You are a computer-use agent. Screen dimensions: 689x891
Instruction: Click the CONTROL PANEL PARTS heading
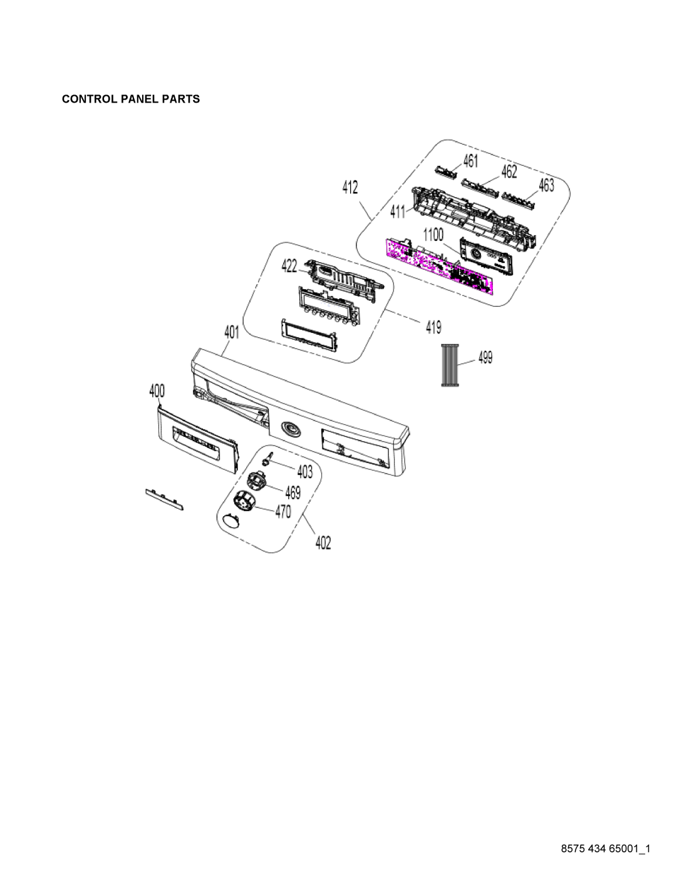(x=131, y=99)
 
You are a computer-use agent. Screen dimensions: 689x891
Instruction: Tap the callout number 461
(x=470, y=161)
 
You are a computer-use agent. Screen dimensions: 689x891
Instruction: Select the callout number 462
(x=509, y=172)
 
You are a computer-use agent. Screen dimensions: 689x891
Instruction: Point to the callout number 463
(x=546, y=185)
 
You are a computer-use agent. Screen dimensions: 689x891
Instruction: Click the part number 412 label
(x=350, y=187)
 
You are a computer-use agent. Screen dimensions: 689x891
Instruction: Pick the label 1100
(x=433, y=235)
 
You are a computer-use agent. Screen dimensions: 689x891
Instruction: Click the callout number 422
(x=289, y=267)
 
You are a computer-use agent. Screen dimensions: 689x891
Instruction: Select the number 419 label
(x=433, y=327)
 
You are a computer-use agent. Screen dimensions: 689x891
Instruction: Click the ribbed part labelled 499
(x=450, y=365)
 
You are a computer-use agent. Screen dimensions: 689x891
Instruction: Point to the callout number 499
(x=485, y=357)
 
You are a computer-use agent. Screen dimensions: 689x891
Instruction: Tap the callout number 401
(x=232, y=332)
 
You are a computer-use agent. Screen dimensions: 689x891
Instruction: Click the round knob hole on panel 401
(x=291, y=429)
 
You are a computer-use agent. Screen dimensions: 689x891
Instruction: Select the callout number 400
(x=157, y=391)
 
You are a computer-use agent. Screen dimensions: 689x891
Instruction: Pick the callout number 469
(x=293, y=492)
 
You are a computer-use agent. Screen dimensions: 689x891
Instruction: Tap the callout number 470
(x=283, y=512)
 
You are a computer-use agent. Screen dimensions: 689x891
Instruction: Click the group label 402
(x=323, y=543)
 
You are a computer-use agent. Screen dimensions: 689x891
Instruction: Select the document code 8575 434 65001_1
(x=606, y=849)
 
